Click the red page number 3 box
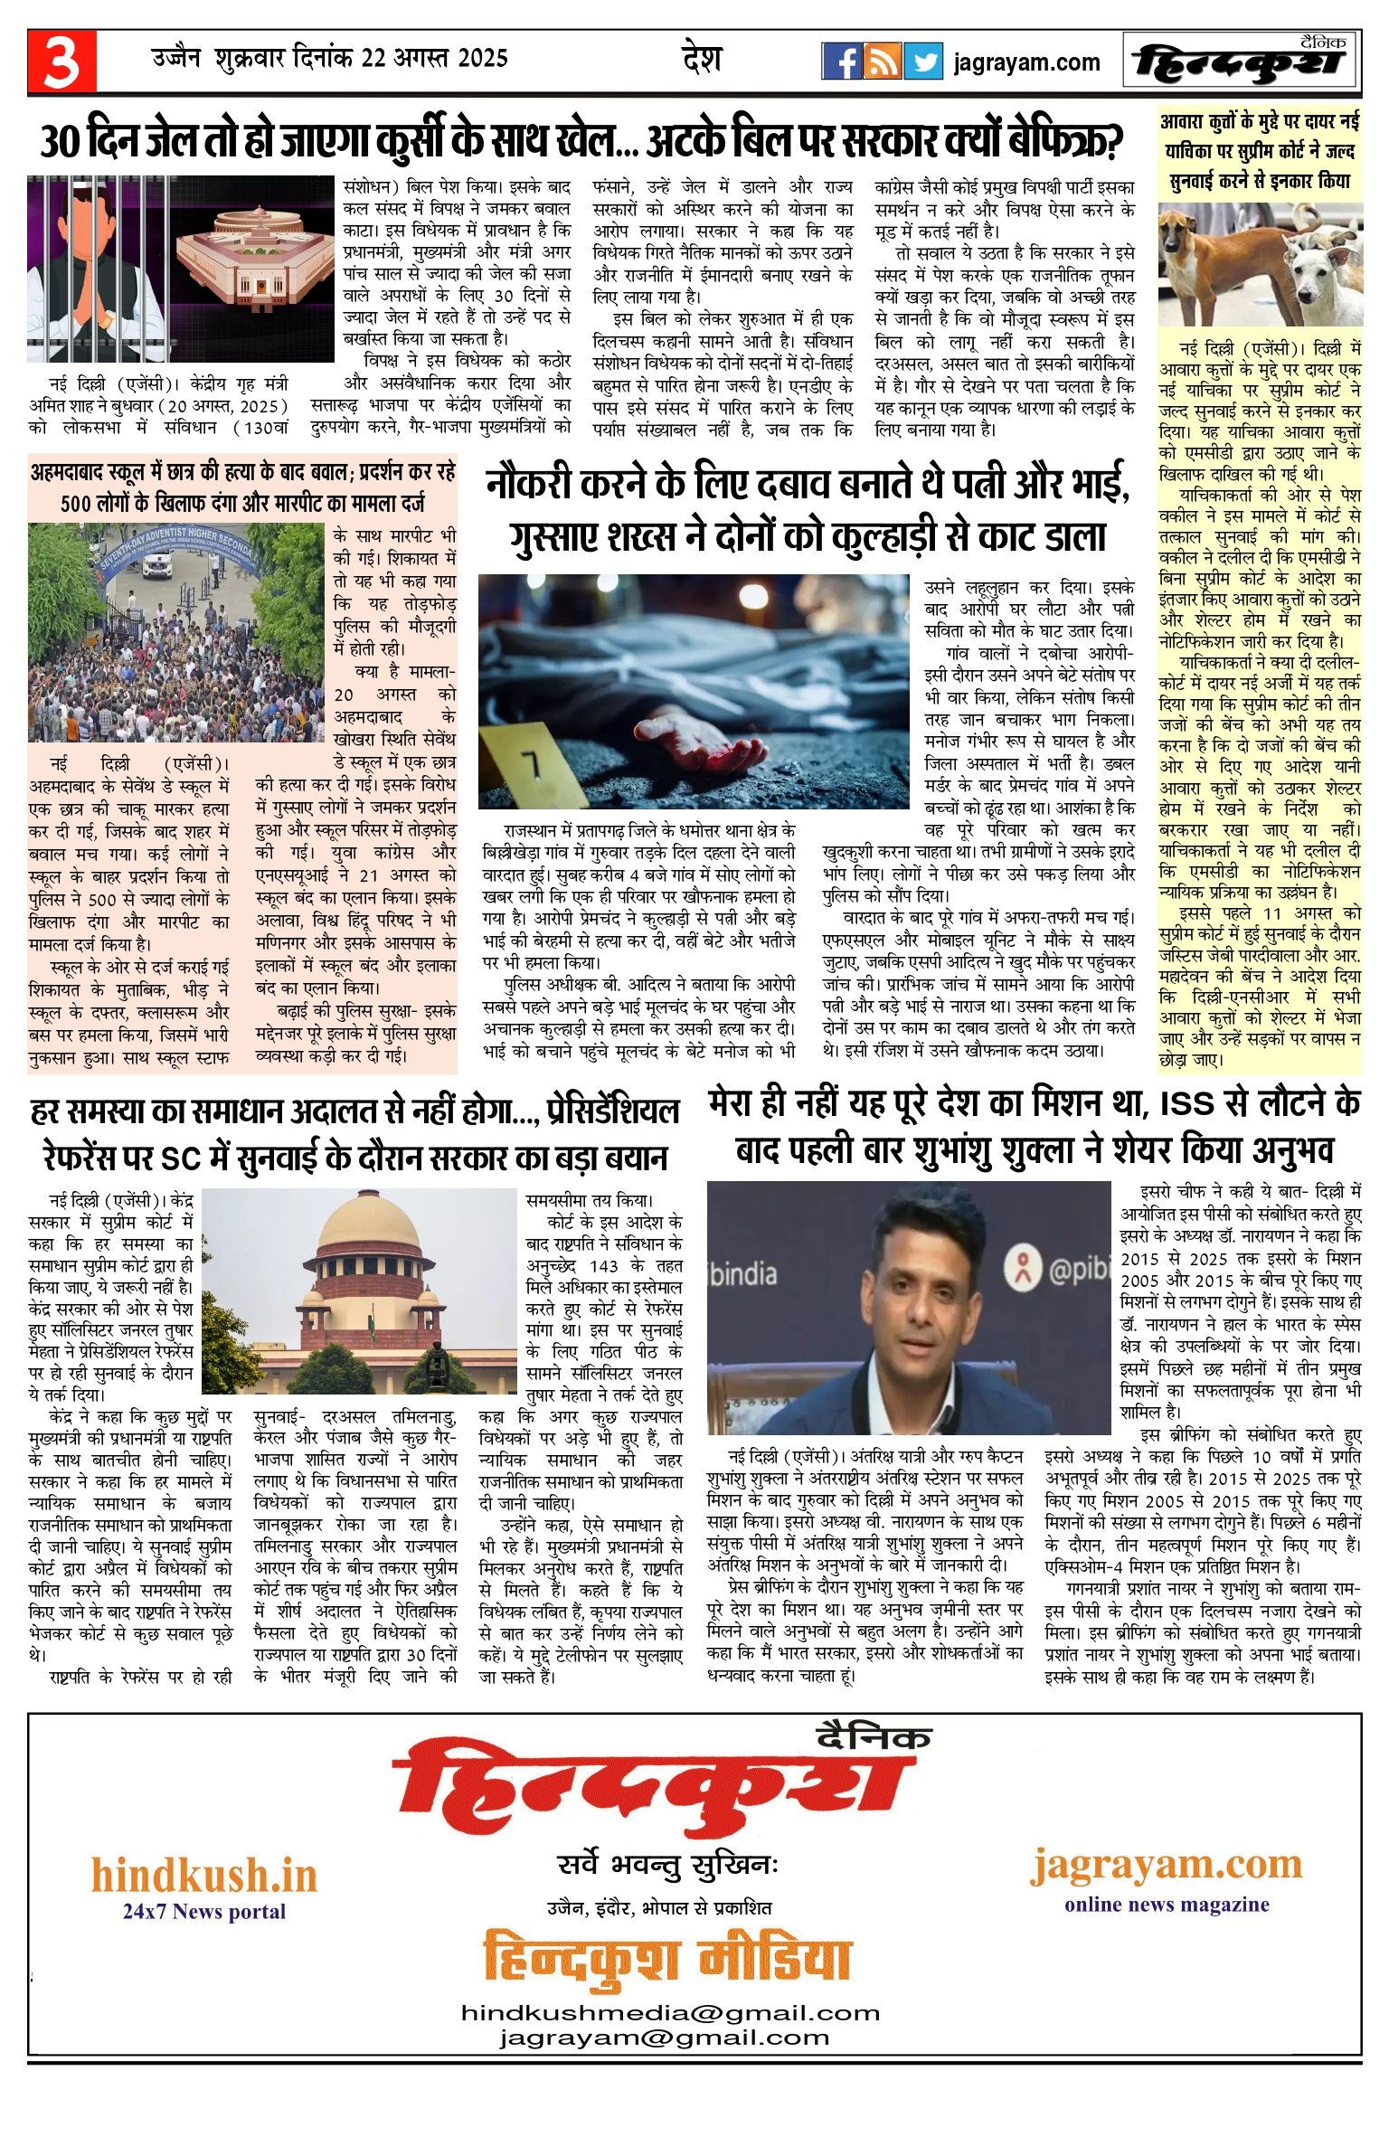pos(61,62)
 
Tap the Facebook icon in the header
pos(841,61)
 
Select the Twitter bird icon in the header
pos(922,61)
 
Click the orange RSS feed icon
pos(882,61)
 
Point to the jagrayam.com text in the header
pos(1026,62)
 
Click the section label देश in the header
pos(702,60)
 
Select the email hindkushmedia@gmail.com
pos(670,2012)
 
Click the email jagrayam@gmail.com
pos(665,2037)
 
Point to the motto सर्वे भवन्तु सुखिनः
pos(667,1865)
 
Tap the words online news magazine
pos(1167,1904)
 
